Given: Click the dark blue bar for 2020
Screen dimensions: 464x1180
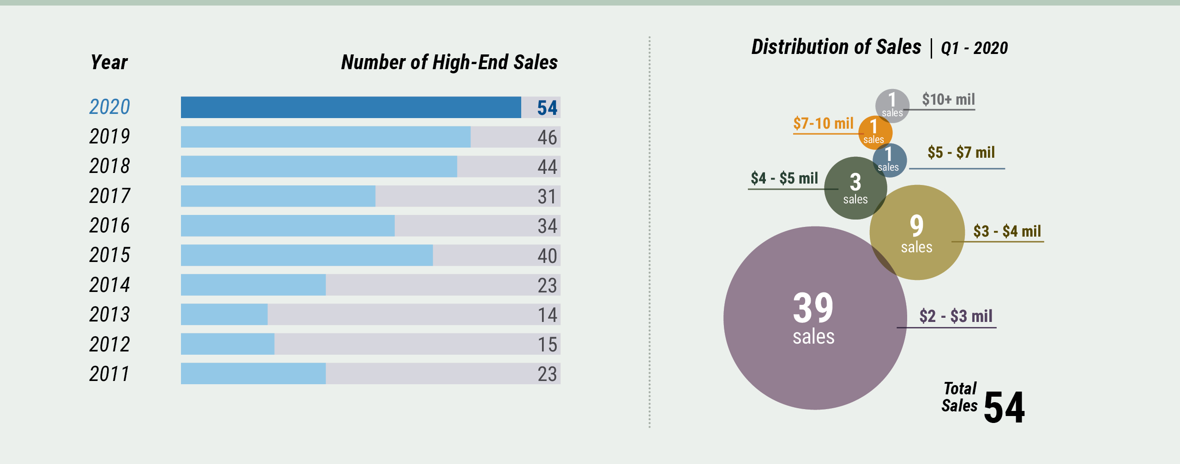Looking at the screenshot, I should pos(351,107).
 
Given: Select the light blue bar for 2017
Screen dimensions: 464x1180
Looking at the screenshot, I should pos(278,196).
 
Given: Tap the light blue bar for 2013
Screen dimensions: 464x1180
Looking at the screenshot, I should pos(224,315).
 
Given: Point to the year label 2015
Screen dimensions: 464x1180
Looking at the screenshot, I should pos(109,255).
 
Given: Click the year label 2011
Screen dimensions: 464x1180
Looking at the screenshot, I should pos(109,374).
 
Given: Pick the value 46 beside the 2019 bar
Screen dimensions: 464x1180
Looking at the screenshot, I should pos(547,137).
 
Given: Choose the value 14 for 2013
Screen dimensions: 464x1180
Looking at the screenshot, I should pos(547,315).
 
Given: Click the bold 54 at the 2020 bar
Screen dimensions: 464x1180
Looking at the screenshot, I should pos(547,108).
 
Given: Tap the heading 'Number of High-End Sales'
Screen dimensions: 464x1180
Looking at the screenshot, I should pos(449,62).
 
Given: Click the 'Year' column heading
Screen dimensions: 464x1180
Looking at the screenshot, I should pos(109,62).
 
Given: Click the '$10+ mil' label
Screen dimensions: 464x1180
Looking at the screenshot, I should pos(948,100).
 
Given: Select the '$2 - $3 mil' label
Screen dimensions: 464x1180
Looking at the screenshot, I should pos(956,316).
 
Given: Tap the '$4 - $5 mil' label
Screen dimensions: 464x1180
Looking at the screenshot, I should pos(784,178).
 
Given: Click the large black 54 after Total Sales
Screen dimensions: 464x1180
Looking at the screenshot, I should pos(1004,407).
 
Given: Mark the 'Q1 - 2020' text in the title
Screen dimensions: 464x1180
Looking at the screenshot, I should pos(974,48).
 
